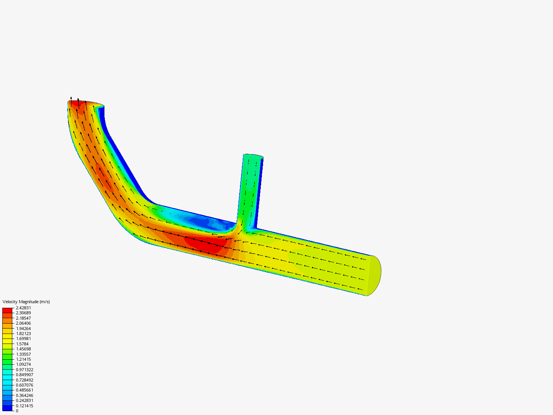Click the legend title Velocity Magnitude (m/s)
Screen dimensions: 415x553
pyautogui.click(x=26, y=302)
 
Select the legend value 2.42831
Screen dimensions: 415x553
pyautogui.click(x=23, y=308)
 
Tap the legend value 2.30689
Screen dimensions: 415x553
pyautogui.click(x=23, y=313)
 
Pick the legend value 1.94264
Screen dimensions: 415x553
pyautogui.click(x=23, y=329)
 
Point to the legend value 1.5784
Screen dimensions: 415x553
pyautogui.click(x=22, y=344)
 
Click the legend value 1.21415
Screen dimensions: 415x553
pyautogui.click(x=23, y=359)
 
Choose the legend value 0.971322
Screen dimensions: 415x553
pyautogui.click(x=25, y=370)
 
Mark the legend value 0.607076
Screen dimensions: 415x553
pyautogui.click(x=25, y=385)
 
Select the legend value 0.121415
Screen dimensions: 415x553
pyautogui.click(x=25, y=406)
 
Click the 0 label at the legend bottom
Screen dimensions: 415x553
pyautogui.click(x=17, y=411)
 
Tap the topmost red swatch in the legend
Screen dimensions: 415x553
pyautogui.click(x=7, y=310)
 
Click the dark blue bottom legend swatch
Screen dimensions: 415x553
pyautogui.click(x=7, y=408)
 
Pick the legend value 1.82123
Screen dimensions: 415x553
pyautogui.click(x=23, y=334)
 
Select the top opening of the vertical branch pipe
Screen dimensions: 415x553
pyautogui.click(x=253, y=156)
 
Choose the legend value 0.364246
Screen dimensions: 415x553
pyautogui.click(x=25, y=395)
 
